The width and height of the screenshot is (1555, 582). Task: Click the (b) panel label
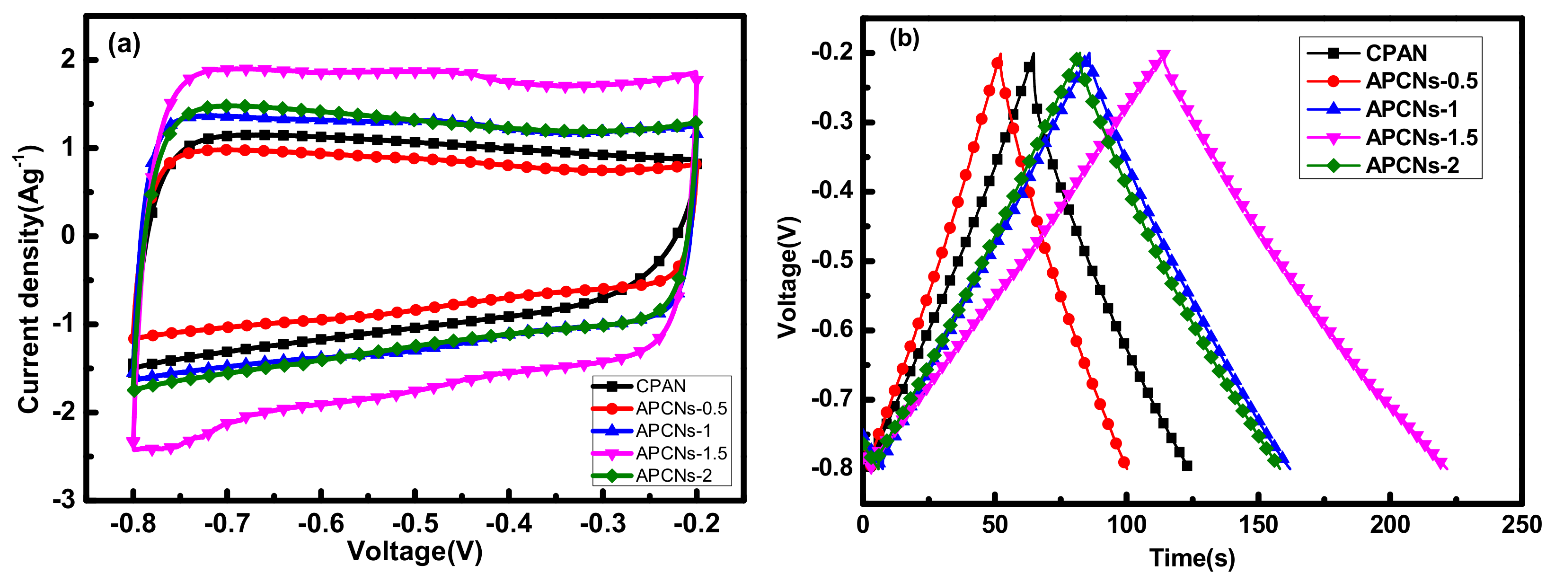pos(904,39)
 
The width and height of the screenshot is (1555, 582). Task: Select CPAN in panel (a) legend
pos(661,386)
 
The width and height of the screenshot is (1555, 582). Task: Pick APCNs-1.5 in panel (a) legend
pos(681,453)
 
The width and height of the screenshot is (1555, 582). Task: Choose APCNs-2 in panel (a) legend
pos(674,475)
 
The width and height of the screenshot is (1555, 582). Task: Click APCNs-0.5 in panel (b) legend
pos(1421,81)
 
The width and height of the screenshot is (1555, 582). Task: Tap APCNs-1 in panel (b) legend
pos(1411,109)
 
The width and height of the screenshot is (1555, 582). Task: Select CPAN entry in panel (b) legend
pos(1396,53)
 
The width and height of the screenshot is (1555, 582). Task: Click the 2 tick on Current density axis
pos(68,59)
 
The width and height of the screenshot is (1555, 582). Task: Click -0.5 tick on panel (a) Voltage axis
pos(415,523)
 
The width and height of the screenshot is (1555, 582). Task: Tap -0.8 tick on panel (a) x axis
pos(133,523)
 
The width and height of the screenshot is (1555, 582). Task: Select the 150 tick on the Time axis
pos(1258,524)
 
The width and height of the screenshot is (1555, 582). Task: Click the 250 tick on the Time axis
pos(1521,524)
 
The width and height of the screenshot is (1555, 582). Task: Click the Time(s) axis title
pos(1192,558)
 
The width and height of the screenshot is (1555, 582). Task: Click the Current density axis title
pos(29,279)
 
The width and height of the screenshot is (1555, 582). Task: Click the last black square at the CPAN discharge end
pos(1187,466)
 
